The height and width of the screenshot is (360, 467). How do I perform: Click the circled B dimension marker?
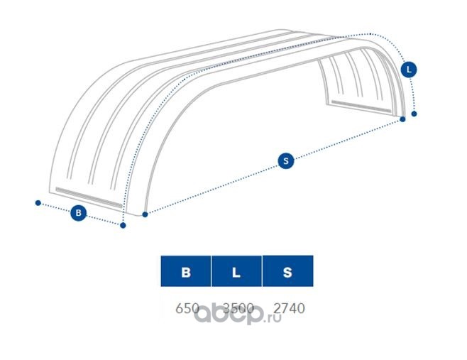(x=79, y=212)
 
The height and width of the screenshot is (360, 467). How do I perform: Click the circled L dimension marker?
(x=409, y=70)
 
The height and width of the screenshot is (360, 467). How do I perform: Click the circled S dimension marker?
(x=285, y=161)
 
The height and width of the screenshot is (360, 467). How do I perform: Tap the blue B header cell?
(x=186, y=272)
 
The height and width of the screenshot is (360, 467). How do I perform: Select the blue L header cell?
(x=237, y=272)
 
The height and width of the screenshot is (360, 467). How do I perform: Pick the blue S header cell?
(x=287, y=272)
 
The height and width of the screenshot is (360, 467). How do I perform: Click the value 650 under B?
(x=187, y=308)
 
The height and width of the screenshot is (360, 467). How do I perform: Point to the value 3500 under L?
(x=238, y=308)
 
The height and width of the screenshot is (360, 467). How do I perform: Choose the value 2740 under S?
(x=288, y=308)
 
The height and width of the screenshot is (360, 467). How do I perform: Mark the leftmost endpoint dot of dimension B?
(x=38, y=202)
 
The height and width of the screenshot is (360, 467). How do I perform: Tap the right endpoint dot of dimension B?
(x=123, y=226)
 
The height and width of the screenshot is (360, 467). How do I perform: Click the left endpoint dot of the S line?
(x=145, y=214)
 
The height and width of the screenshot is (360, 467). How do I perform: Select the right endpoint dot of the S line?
(x=402, y=119)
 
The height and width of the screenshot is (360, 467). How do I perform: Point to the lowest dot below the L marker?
(x=414, y=113)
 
